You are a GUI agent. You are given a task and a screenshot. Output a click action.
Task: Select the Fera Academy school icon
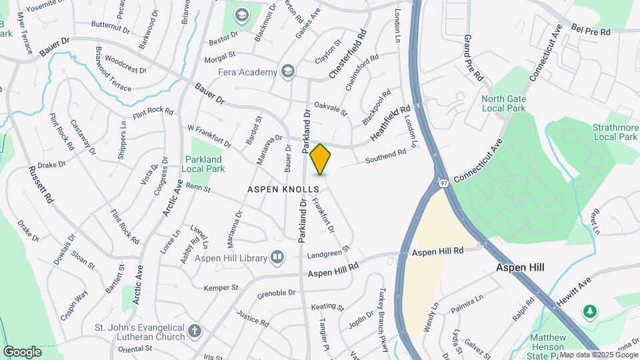[288, 71]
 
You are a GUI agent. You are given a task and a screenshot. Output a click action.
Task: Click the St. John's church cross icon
[194, 331]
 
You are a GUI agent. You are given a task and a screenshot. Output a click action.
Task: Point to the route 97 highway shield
[443, 181]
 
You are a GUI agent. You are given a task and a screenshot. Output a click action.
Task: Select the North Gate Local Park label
[503, 103]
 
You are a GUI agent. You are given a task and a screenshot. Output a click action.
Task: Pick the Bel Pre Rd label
[591, 31]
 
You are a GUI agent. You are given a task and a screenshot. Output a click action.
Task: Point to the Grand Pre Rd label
[473, 58]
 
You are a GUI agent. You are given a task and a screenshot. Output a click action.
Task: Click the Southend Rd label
[386, 157]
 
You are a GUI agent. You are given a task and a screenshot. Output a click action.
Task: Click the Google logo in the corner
[22, 351]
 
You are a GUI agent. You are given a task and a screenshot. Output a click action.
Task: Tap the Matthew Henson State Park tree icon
[589, 311]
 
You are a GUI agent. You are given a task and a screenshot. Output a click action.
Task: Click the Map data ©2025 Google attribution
[598, 355]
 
